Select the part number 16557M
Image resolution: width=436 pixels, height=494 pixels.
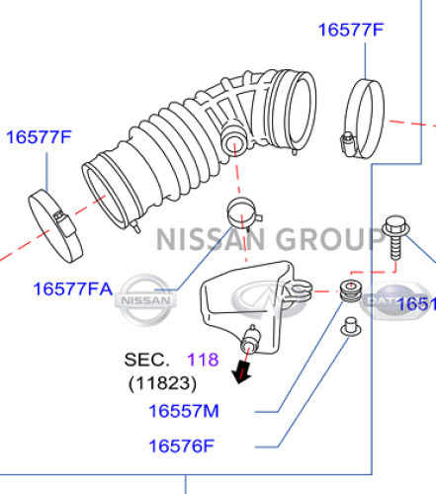point(184,409)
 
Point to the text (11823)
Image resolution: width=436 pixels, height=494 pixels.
point(162,381)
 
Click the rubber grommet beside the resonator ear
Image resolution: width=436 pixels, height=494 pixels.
point(349,292)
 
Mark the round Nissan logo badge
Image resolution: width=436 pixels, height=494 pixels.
point(145,295)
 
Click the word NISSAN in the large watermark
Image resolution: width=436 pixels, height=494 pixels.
point(208,239)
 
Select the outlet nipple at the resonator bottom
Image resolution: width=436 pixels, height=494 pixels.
point(250,341)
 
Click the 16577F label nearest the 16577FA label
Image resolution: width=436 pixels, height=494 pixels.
point(40,137)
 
